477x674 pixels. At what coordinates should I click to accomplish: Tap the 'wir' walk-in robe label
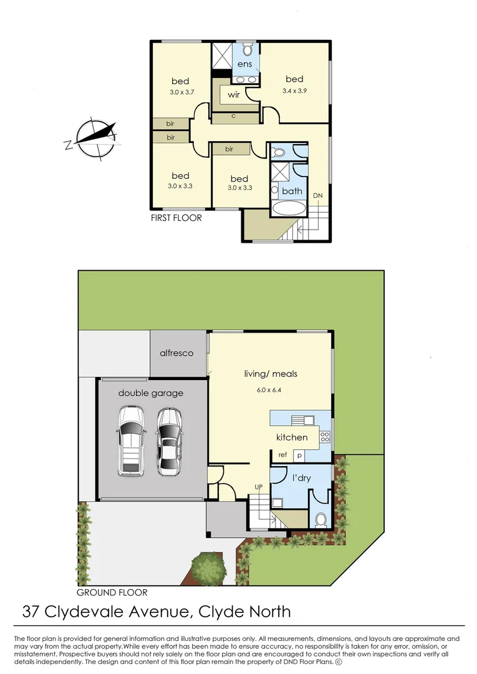click(234, 95)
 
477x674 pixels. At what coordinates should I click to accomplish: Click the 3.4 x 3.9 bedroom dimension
click(294, 91)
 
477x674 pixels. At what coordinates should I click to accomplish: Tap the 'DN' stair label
click(318, 196)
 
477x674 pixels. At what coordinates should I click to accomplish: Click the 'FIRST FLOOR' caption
click(176, 218)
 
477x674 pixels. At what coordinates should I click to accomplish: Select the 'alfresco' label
click(176, 353)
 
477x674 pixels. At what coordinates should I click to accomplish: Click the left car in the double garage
click(132, 439)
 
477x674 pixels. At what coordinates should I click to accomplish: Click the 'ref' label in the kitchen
click(282, 455)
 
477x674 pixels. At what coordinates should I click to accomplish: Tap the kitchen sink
click(303, 419)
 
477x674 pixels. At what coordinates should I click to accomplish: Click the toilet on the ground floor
click(320, 519)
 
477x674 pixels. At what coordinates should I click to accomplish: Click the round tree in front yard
click(207, 569)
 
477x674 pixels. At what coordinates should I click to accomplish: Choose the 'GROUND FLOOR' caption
click(112, 592)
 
